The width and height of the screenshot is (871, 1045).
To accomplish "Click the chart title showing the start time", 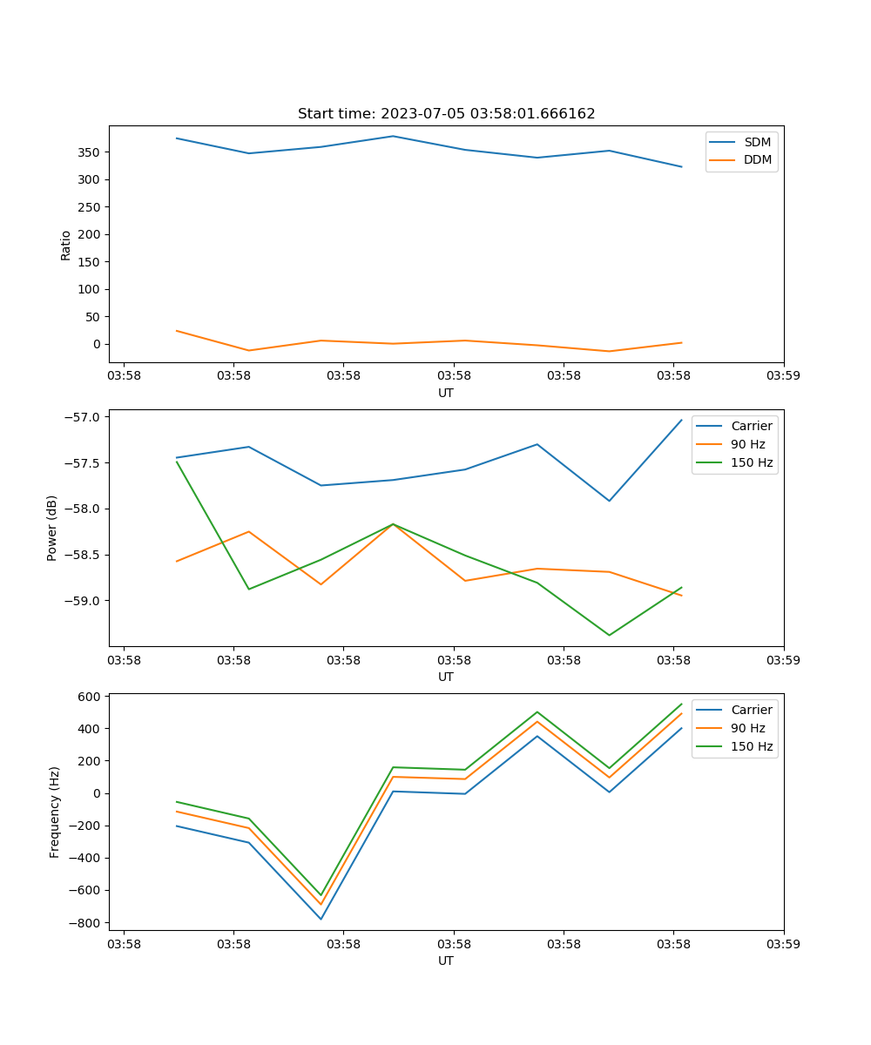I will click(446, 114).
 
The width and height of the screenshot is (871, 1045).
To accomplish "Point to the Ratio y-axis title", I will click(66, 245).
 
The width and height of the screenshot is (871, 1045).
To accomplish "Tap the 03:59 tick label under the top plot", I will click(783, 376).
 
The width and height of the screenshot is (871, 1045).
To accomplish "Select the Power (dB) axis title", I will click(52, 528).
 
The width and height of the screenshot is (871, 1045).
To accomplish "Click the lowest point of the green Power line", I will click(609, 635).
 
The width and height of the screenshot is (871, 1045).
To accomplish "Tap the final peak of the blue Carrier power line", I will click(681, 420).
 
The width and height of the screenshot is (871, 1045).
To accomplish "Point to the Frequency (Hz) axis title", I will click(55, 812).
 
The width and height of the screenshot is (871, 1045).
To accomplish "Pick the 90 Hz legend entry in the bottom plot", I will click(748, 728).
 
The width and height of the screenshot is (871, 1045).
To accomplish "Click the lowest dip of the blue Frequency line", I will click(321, 919).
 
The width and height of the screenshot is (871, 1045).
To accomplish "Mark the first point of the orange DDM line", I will click(177, 331).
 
